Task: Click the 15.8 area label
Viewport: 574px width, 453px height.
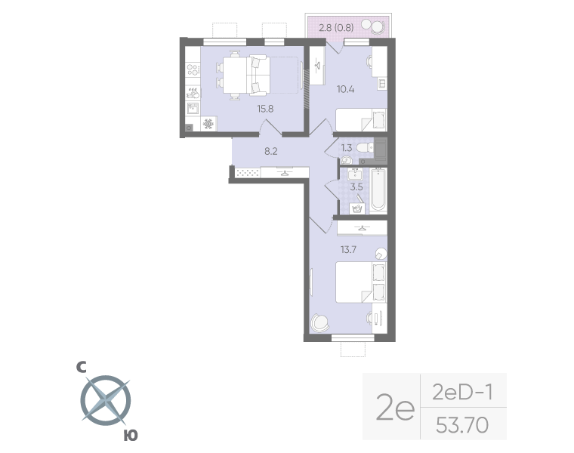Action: tap(265, 109)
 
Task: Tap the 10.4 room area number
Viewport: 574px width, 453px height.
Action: tap(346, 88)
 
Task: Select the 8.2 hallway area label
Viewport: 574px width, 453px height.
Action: tap(270, 151)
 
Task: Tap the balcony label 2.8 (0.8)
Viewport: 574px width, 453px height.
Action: tap(336, 29)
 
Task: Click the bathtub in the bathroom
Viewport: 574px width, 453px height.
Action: tap(378, 190)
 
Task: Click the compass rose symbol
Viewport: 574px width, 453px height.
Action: tap(106, 398)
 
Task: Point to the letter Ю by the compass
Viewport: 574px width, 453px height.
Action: tap(131, 436)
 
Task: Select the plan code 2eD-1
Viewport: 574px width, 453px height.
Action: tap(461, 393)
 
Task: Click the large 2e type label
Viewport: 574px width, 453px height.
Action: tap(396, 409)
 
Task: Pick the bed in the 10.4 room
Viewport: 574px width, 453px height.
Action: tap(361, 120)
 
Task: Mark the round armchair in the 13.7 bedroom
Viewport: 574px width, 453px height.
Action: tap(320, 322)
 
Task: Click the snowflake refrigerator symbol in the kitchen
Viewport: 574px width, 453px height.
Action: tap(208, 123)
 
